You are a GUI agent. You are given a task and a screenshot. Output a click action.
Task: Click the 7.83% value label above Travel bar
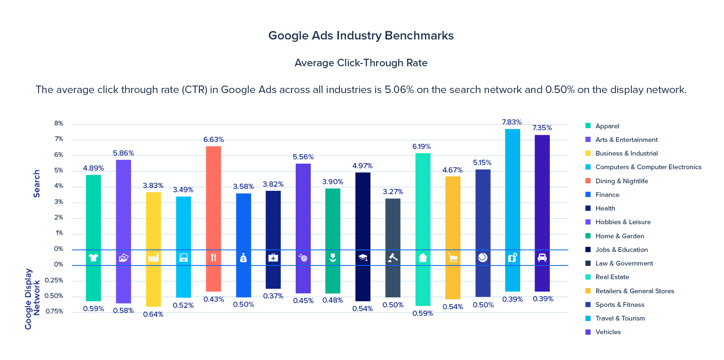[x=512, y=122]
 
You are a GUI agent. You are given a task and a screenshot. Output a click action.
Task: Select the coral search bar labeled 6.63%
[x=213, y=197]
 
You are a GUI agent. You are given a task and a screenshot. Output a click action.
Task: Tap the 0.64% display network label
[x=153, y=314]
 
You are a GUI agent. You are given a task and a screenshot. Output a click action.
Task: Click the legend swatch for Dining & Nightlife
[x=588, y=181]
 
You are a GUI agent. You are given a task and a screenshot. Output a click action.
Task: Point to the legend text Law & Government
[x=624, y=263]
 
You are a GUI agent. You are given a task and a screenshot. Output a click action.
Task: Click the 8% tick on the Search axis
[x=59, y=124]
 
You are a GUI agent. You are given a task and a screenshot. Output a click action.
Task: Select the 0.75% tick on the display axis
[x=54, y=311]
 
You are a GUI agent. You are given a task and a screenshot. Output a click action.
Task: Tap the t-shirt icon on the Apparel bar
[x=93, y=257]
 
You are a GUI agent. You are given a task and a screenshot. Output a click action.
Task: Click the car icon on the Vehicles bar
[x=542, y=258]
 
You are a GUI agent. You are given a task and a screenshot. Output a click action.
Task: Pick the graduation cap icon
[x=363, y=257]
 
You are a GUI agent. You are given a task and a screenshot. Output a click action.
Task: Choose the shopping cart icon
[x=453, y=258]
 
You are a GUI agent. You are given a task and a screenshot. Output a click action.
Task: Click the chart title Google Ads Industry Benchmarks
[x=361, y=36]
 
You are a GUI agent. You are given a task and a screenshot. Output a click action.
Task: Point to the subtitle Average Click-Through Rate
[x=361, y=63]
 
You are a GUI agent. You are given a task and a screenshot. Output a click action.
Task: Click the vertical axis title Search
[x=37, y=183]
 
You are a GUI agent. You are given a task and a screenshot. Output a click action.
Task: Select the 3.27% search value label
[x=393, y=192]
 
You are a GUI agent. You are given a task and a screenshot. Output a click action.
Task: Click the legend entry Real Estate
[x=612, y=277]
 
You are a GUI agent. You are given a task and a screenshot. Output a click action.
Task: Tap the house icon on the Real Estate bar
[x=423, y=258]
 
